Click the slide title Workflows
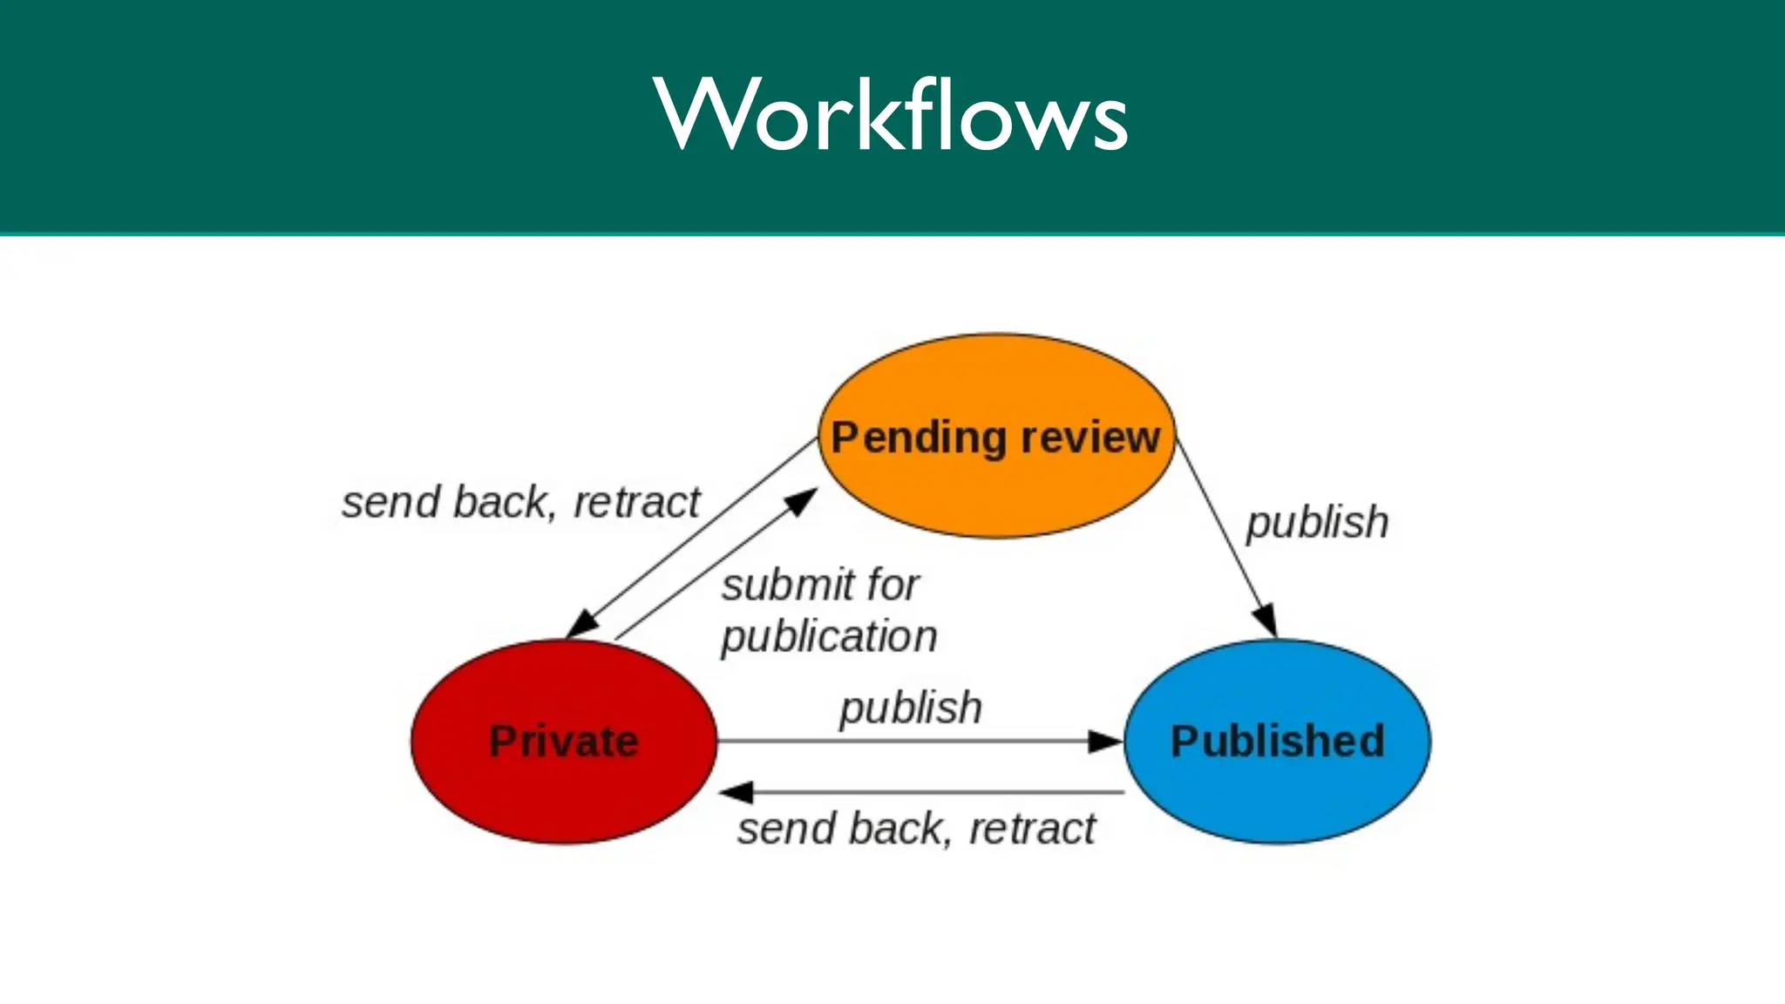click(891, 114)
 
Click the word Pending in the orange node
click(919, 438)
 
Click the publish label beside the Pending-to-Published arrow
click(1317, 522)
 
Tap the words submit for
click(820, 585)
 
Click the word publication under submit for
click(829, 636)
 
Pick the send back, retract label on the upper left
click(520, 503)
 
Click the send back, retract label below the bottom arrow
click(916, 828)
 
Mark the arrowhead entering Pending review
click(801, 501)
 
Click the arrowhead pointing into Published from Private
click(1105, 742)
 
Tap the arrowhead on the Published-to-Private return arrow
click(736, 792)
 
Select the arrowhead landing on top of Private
click(582, 625)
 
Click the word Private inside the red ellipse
click(563, 742)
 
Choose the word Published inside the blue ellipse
click(1278, 742)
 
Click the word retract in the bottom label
click(1032, 828)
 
